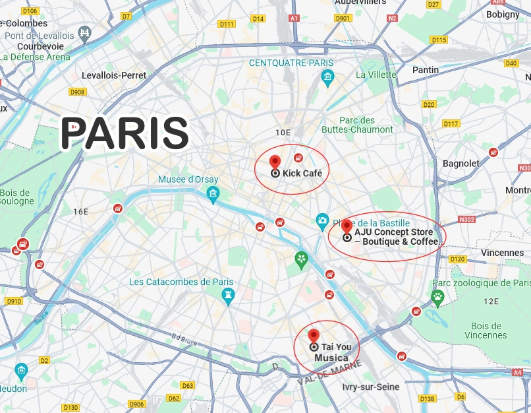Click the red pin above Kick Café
point(275,162)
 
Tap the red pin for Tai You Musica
point(314,336)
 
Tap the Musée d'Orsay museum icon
point(213,192)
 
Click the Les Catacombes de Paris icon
point(228,295)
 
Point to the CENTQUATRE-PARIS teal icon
point(327,78)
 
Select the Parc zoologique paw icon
point(437,296)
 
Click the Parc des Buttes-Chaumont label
point(366,125)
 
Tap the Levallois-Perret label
point(114,75)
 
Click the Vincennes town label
point(502,253)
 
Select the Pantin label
point(425,70)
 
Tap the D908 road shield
point(78,92)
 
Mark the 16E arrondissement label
point(80,211)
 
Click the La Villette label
point(376,75)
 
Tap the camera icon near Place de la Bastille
point(322,220)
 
